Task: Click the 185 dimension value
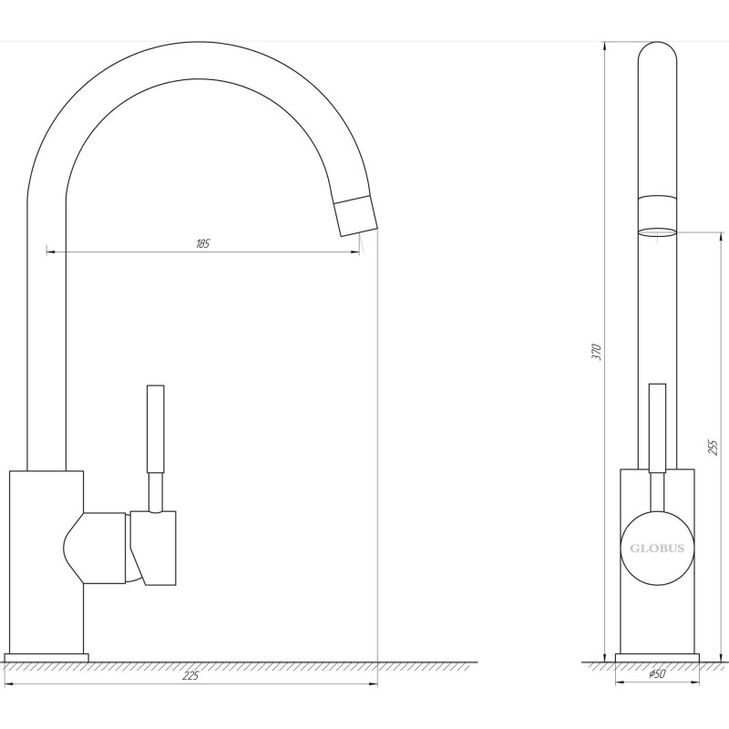(202, 242)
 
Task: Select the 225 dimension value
(191, 675)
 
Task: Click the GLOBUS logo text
(657, 549)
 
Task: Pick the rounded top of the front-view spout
(657, 55)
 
